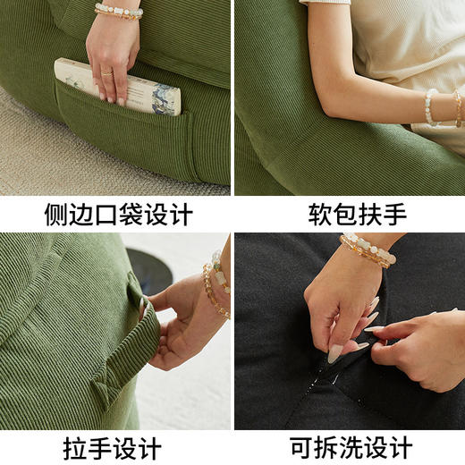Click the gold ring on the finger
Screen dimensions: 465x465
(x=106, y=72)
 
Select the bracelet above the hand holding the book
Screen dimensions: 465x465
(x=119, y=12)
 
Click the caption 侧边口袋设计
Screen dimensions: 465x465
(x=117, y=215)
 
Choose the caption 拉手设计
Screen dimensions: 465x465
(x=117, y=446)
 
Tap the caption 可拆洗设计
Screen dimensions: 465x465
(x=349, y=446)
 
